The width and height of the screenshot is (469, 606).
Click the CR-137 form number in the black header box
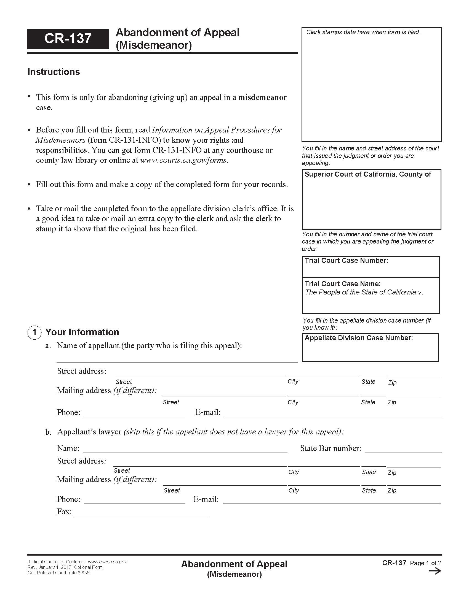tap(68, 39)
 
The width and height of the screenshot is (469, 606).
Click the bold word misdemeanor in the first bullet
tap(262, 98)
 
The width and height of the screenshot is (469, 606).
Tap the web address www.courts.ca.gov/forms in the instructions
tap(184, 160)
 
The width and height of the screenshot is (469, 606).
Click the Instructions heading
tap(54, 72)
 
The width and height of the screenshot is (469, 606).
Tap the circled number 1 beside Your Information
tap(34, 332)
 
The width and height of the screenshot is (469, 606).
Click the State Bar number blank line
tap(403, 449)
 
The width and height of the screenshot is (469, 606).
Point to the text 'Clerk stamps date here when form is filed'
tap(363, 32)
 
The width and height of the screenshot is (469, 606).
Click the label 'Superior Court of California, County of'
tap(367, 174)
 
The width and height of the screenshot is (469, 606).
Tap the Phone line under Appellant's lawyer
tap(134, 500)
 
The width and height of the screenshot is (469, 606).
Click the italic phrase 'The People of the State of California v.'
tap(364, 292)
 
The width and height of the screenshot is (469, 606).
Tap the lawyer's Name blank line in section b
tap(185, 449)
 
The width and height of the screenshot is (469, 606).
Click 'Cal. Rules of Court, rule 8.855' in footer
tap(58, 573)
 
